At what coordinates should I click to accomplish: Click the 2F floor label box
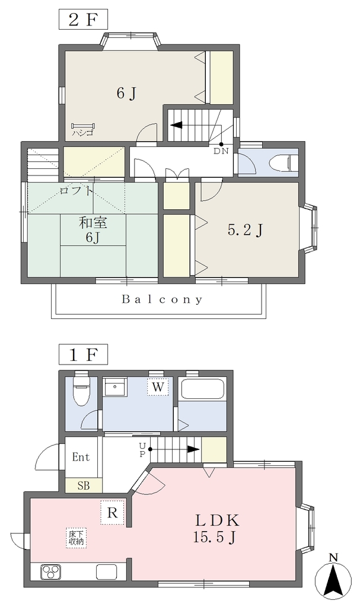tap(83, 20)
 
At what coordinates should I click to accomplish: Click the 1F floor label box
tap(83, 354)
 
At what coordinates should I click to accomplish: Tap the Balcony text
tap(162, 299)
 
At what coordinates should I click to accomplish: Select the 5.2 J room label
tap(246, 231)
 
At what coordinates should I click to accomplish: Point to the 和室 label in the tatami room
tap(93, 223)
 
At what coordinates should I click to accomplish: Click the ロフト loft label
tap(77, 190)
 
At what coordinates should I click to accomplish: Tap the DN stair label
tap(221, 151)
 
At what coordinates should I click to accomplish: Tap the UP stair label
tap(142, 450)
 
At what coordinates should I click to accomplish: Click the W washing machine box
tap(158, 386)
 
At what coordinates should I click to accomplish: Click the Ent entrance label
tap(81, 457)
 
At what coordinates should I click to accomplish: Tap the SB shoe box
tap(83, 485)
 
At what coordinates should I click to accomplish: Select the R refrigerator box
tap(112, 513)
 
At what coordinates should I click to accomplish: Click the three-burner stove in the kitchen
tap(51, 572)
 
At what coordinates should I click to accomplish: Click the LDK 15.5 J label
tap(216, 528)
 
